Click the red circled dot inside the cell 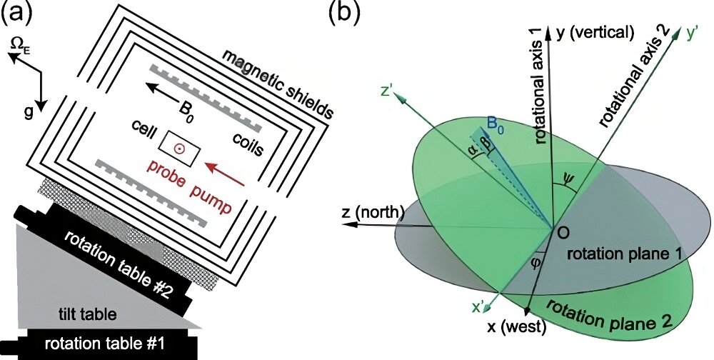pyautogui.click(x=180, y=148)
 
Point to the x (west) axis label pyautogui.click(x=516, y=326)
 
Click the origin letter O pyautogui.click(x=564, y=232)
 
